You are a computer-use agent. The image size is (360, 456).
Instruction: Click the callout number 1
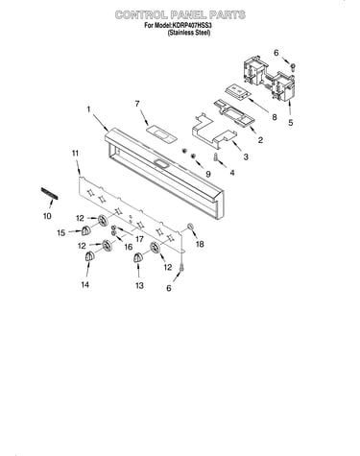pyautogui.click(x=88, y=109)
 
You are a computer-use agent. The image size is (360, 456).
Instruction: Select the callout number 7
pyautogui.click(x=137, y=104)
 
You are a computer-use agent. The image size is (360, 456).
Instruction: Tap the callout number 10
pyautogui.click(x=47, y=216)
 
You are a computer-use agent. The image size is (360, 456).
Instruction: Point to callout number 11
pyautogui.click(x=75, y=154)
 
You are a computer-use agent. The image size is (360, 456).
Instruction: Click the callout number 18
pyautogui.click(x=200, y=244)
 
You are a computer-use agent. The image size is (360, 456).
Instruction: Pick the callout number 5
pyautogui.click(x=290, y=123)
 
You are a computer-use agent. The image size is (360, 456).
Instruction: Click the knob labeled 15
pyautogui.click(x=85, y=230)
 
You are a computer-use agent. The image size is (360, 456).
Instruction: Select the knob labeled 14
pyautogui.click(x=88, y=256)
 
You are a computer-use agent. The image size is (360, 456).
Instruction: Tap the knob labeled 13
pyautogui.click(x=137, y=258)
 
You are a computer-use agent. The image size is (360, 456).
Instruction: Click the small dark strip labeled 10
pyautogui.click(x=49, y=194)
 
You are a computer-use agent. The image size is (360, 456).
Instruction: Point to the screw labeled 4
pyautogui.click(x=216, y=157)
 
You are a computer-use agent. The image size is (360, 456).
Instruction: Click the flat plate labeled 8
pyautogui.click(x=237, y=91)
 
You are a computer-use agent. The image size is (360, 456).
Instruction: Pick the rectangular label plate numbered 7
pyautogui.click(x=161, y=134)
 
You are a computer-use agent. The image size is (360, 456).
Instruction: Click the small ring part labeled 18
pyautogui.click(x=189, y=227)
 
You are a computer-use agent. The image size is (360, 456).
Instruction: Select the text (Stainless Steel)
pyautogui.click(x=189, y=33)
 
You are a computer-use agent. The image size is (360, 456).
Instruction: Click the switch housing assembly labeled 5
pyautogui.click(x=270, y=77)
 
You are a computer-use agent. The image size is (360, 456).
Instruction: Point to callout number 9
pyautogui.click(x=208, y=174)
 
